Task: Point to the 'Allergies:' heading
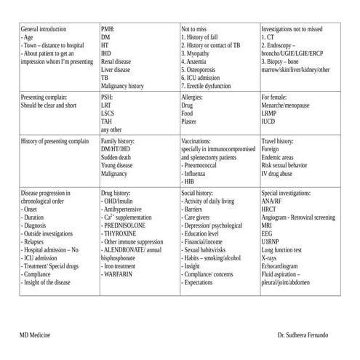pos(193,97)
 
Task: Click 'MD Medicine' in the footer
pos(36,334)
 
